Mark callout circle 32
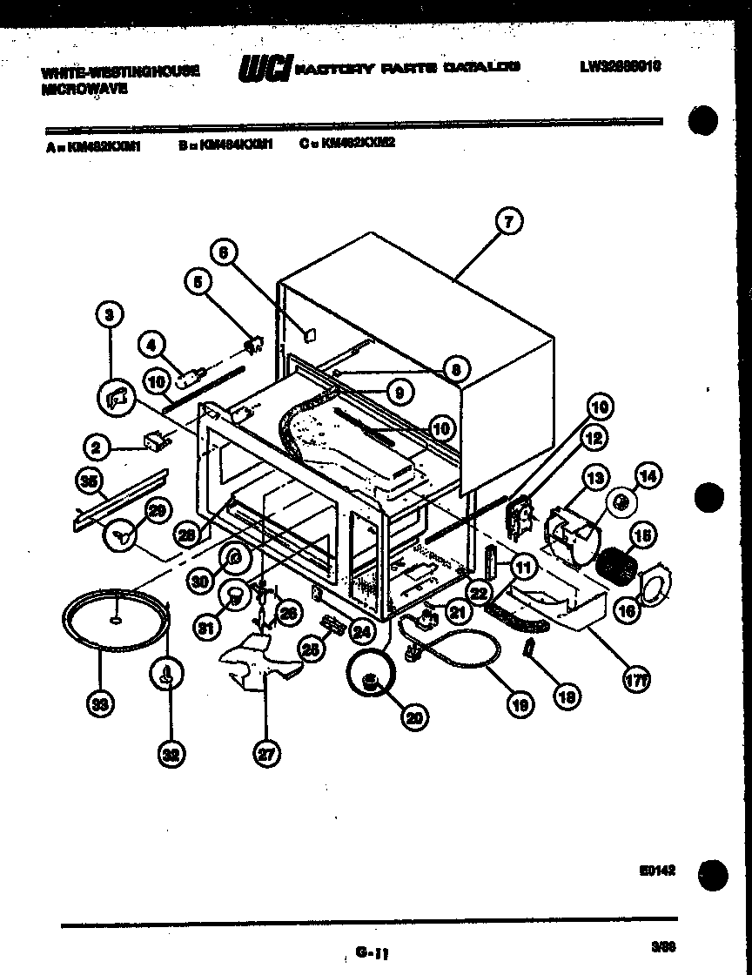[171, 756]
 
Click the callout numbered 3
[110, 315]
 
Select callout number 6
[224, 253]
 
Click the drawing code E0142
[661, 870]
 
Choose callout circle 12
[594, 440]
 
